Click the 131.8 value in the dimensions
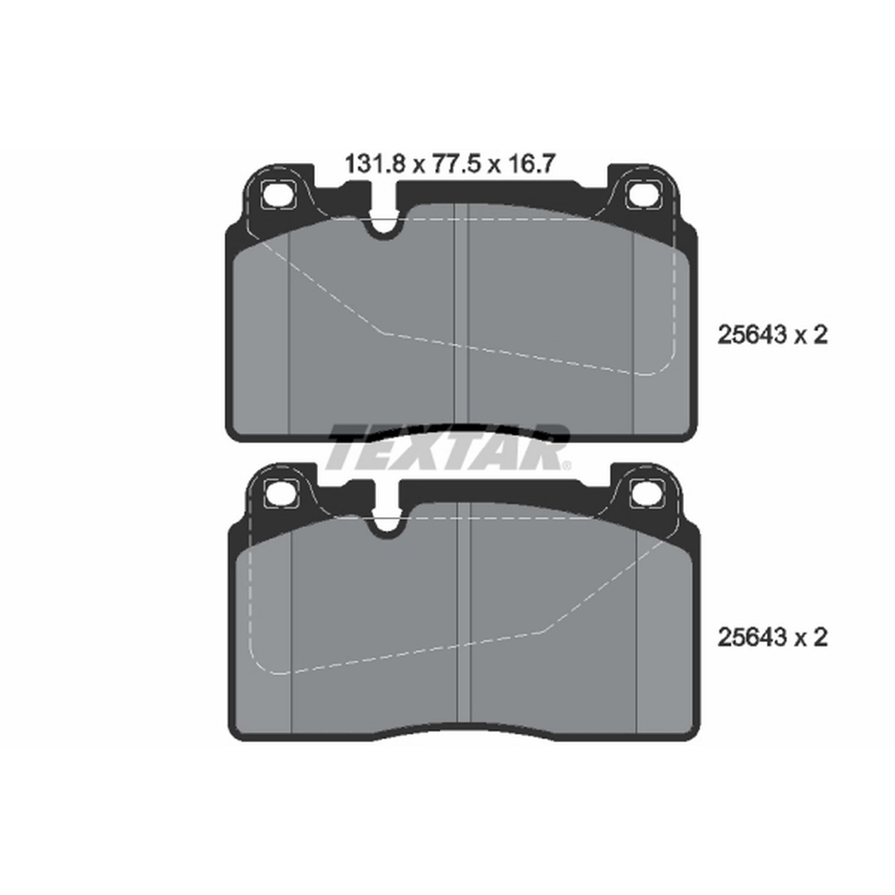pyautogui.click(x=375, y=164)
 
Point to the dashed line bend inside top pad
pyautogui.click(x=383, y=332)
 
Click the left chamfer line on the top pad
pyautogui.click(x=289, y=334)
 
